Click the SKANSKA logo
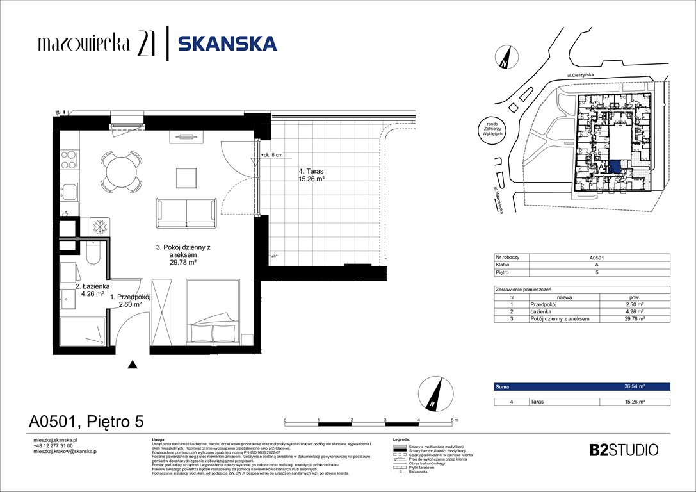click(227, 44)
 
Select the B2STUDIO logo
click(623, 450)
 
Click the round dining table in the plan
click(122, 172)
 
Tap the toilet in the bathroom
click(93, 255)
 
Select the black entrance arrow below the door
click(133, 365)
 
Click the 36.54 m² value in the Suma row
click(635, 387)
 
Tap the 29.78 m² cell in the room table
click(635, 318)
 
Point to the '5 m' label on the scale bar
click(455, 420)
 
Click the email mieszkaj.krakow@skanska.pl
click(65, 451)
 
